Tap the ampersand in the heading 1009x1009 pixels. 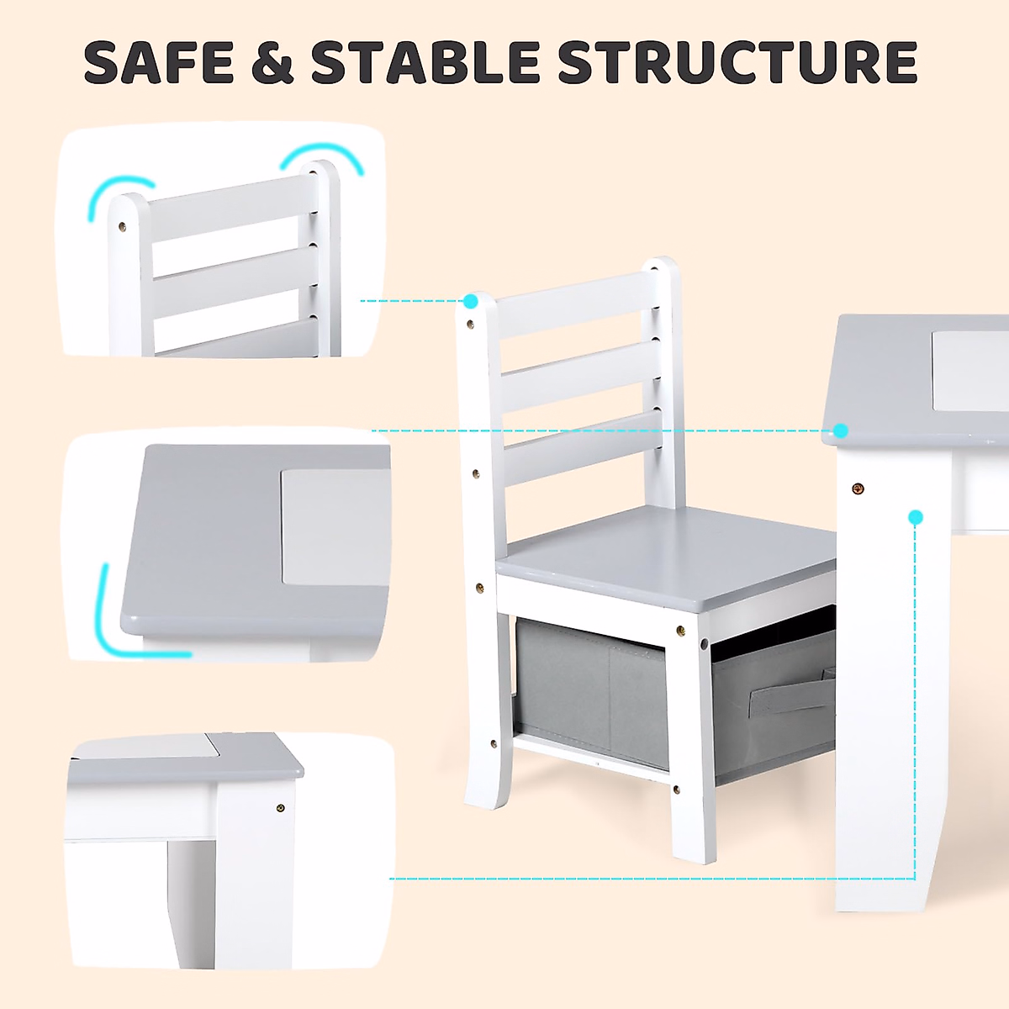pos(272,62)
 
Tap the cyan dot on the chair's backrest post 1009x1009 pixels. pos(471,301)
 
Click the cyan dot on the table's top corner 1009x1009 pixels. pos(841,431)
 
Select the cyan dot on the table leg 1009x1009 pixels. pos(916,517)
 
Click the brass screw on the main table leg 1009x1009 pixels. pos(858,489)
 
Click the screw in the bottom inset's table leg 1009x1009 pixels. pos(281,808)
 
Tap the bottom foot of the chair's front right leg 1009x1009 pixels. pos(695,849)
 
